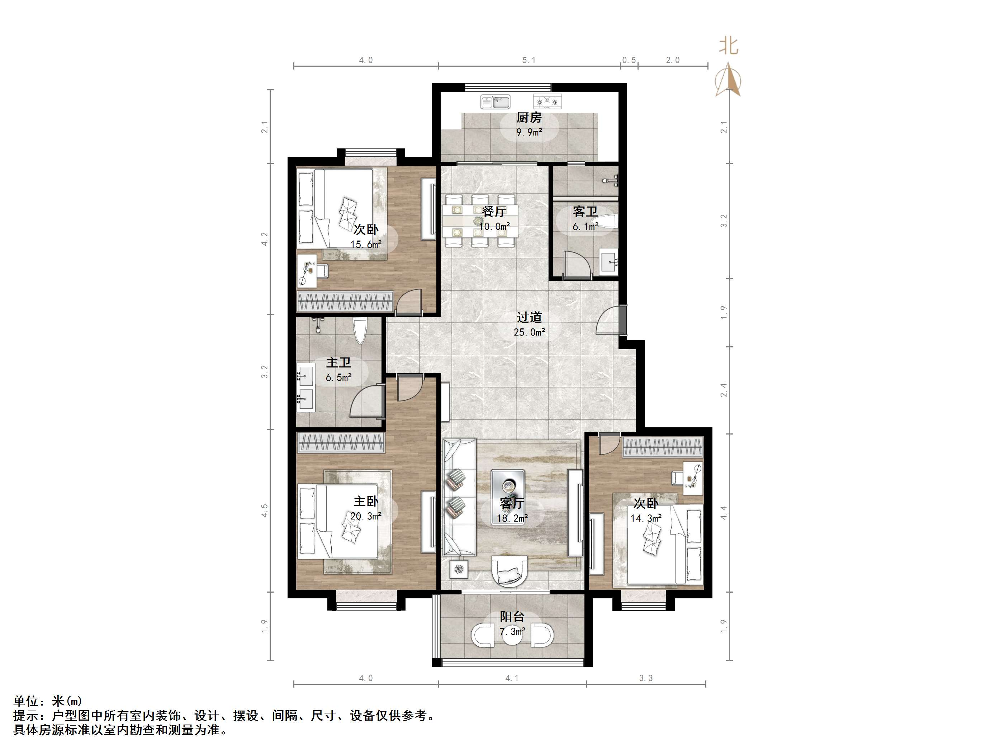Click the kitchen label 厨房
(x=529, y=118)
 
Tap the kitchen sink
(x=496, y=102)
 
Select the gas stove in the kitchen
(x=547, y=102)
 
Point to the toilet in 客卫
(x=608, y=222)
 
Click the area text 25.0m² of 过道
(x=529, y=332)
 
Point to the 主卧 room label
(x=366, y=501)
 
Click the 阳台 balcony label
(x=512, y=617)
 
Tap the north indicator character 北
(x=729, y=46)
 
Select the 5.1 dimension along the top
(x=529, y=60)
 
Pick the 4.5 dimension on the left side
(x=265, y=511)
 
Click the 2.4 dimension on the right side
(x=724, y=390)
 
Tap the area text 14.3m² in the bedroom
(x=646, y=518)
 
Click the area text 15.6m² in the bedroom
(x=366, y=245)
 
